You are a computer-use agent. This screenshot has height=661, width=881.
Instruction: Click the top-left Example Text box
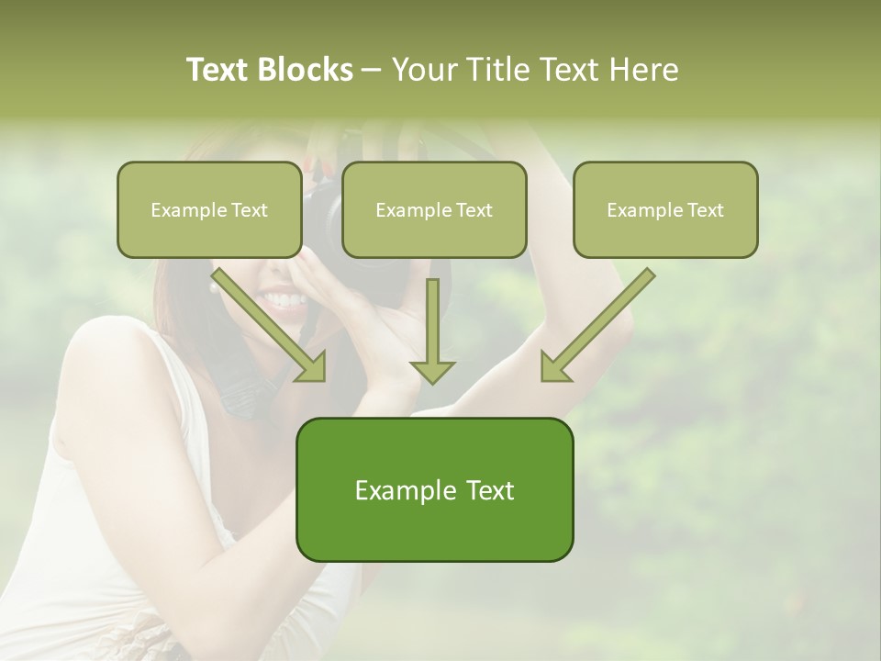click(209, 209)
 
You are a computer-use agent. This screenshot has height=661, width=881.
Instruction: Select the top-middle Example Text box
click(434, 209)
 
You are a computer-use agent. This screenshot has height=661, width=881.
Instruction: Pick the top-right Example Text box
click(665, 209)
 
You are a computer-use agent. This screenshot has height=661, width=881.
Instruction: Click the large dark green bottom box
click(434, 489)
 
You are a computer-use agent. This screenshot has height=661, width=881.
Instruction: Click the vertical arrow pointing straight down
click(432, 330)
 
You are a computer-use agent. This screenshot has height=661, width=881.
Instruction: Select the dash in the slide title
click(372, 70)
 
